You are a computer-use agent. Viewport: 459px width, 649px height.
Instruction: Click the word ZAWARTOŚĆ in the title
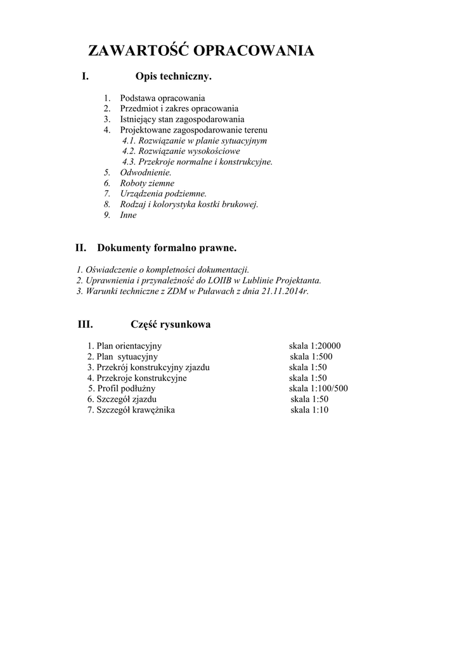(x=137, y=51)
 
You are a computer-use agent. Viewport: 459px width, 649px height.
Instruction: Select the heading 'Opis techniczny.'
(x=173, y=77)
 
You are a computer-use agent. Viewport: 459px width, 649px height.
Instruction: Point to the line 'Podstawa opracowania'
(x=162, y=98)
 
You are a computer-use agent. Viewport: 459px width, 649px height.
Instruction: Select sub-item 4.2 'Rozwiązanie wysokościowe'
(x=181, y=151)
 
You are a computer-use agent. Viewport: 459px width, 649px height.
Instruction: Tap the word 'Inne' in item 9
(x=128, y=215)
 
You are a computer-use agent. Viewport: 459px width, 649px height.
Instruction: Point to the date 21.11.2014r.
(x=284, y=291)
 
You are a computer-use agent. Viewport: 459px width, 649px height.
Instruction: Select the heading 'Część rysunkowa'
(x=171, y=324)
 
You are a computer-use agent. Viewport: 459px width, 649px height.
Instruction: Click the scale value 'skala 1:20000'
(x=315, y=346)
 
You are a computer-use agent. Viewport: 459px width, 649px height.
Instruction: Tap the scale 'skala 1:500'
(x=311, y=357)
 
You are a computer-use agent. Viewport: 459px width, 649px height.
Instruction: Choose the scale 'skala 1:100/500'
(x=318, y=389)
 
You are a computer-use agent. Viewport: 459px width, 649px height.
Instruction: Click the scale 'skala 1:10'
(x=309, y=410)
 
